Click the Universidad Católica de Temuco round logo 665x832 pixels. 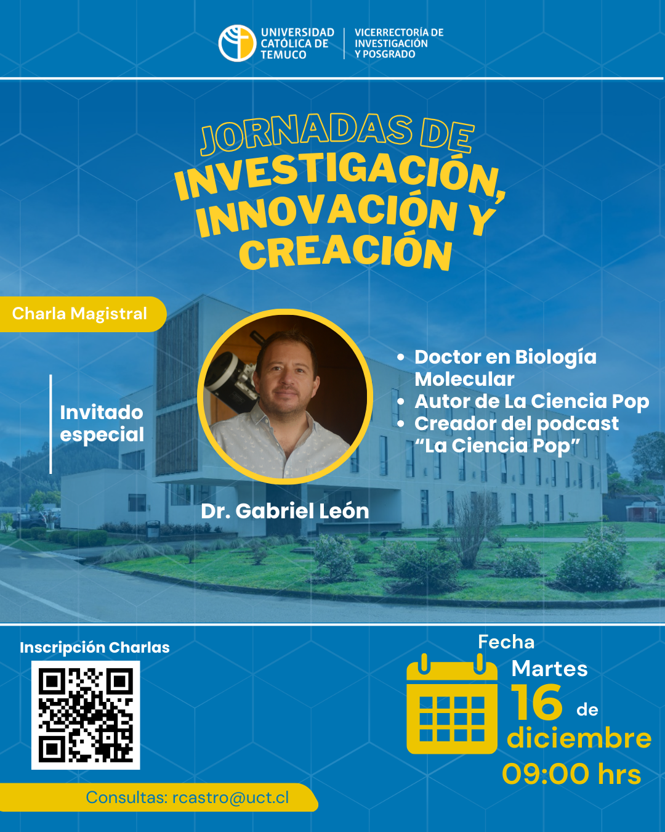(x=237, y=43)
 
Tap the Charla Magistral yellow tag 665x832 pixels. (x=83, y=314)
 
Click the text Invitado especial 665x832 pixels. (x=102, y=423)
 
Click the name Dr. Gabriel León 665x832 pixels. (x=284, y=511)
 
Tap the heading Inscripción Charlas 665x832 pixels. (x=95, y=648)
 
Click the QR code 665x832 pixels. (x=86, y=716)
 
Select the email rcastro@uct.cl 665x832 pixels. (x=231, y=797)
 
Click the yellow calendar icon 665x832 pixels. (x=452, y=704)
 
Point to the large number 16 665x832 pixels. (x=537, y=702)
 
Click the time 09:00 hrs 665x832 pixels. (x=571, y=774)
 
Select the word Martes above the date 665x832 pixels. (x=549, y=669)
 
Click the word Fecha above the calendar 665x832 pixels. (x=506, y=642)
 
